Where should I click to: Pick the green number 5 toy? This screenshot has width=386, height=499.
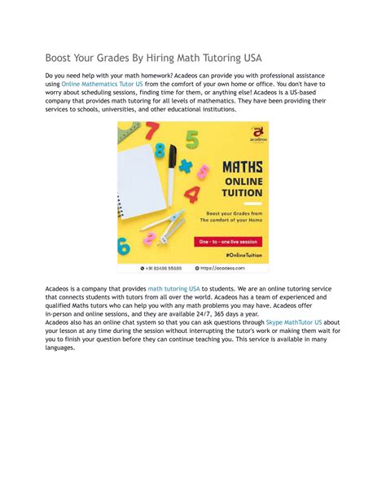point(192,139)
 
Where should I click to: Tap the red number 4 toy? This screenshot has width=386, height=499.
point(192,195)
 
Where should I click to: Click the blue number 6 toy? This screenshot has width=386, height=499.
point(124,245)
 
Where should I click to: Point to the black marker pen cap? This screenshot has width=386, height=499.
point(173,153)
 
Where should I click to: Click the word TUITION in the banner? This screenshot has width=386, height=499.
point(243,193)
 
